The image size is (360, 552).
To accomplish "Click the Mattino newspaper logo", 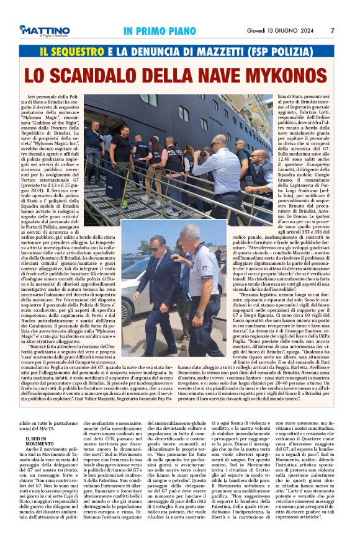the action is click(44, 30).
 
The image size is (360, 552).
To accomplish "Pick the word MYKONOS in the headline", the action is click(285, 76).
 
